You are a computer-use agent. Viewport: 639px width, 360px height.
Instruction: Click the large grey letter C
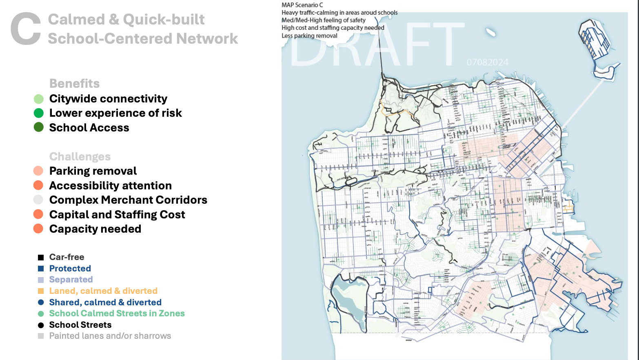[26, 29]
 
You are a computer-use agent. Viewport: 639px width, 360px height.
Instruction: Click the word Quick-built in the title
[164, 20]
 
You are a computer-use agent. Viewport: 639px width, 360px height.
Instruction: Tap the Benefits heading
[74, 84]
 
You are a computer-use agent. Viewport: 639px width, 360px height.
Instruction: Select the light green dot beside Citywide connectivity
[38, 99]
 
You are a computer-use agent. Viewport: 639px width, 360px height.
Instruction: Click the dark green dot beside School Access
[38, 127]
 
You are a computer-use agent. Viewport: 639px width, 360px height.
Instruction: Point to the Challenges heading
[80, 157]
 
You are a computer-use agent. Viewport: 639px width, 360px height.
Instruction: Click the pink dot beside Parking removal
[38, 171]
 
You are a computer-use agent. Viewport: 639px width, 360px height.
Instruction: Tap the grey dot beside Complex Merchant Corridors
[38, 200]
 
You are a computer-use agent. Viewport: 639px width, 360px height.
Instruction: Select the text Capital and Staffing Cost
[117, 215]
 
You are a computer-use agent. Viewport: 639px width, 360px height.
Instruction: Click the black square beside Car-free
[41, 257]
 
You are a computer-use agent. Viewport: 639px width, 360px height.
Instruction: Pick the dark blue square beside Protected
[41, 269]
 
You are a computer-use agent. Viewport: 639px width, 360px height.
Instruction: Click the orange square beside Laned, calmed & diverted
[41, 291]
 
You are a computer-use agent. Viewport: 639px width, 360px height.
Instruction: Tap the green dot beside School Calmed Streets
[41, 313]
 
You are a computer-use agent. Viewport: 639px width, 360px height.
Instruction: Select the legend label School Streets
[80, 325]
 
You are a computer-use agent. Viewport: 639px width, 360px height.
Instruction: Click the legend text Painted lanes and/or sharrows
[110, 336]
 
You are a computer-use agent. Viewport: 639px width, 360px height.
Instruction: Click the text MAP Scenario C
[302, 5]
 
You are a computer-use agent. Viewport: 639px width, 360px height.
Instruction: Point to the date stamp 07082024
[487, 62]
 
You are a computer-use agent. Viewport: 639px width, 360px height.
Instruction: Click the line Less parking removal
[309, 36]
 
